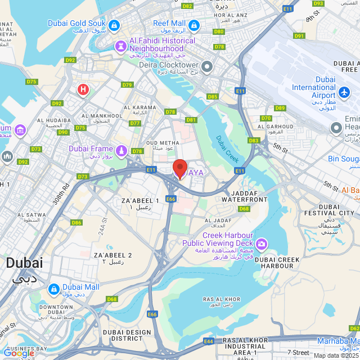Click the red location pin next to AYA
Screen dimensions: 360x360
(179, 168)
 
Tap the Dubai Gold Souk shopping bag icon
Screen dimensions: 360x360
(114, 25)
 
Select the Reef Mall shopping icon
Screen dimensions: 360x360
(194, 25)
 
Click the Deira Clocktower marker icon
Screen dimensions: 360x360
(206, 66)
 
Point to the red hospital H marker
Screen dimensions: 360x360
(83, 89)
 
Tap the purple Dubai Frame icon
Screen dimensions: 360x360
(121, 150)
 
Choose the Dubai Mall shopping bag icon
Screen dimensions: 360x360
(53, 289)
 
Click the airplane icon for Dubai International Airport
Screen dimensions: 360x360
(345, 91)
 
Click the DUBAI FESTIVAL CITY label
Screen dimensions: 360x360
(329, 209)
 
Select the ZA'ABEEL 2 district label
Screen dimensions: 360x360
(113, 259)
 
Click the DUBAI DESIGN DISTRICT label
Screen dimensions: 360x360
(127, 335)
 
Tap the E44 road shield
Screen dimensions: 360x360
(209, 341)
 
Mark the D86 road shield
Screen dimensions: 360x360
(76, 223)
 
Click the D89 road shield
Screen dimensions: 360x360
(280, 108)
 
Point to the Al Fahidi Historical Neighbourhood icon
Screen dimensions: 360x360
(121, 45)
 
